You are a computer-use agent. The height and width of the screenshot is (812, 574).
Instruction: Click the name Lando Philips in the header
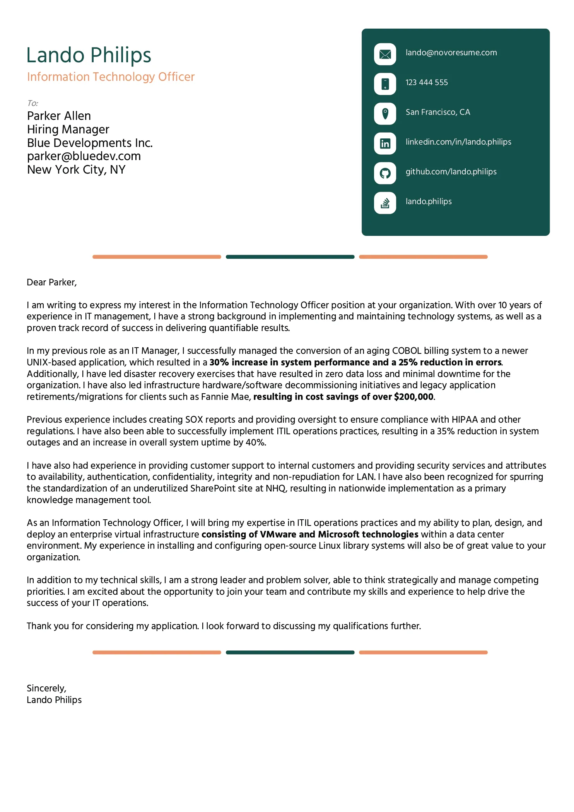point(89,55)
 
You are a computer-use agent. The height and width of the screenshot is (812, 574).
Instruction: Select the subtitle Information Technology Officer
point(111,77)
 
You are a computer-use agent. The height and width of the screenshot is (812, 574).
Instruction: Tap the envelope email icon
point(385,54)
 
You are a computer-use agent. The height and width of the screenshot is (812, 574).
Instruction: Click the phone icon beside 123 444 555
point(385,84)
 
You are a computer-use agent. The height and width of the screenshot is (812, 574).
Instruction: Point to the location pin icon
point(385,114)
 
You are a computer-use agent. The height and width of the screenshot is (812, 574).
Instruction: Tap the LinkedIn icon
point(385,143)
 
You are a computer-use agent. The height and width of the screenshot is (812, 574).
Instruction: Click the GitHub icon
point(385,173)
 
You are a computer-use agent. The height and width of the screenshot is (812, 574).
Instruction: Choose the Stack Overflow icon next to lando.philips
point(385,203)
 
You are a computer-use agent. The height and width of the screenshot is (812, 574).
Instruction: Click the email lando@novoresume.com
point(451,53)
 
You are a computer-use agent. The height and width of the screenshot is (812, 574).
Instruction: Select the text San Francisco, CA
point(437,112)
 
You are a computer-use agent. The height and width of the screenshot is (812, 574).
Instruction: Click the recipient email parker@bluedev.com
point(84,156)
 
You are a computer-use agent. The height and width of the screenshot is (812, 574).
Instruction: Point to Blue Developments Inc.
point(90,143)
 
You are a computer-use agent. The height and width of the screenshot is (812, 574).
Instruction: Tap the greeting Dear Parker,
point(52,283)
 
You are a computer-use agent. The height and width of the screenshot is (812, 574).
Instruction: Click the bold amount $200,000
point(413,397)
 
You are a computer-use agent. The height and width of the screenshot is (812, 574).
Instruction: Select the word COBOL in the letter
point(407,351)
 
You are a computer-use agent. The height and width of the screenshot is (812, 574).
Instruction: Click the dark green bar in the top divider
point(290,257)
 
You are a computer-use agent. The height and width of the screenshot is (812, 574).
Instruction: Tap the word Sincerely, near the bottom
point(46,689)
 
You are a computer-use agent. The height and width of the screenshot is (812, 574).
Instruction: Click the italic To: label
point(32,103)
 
